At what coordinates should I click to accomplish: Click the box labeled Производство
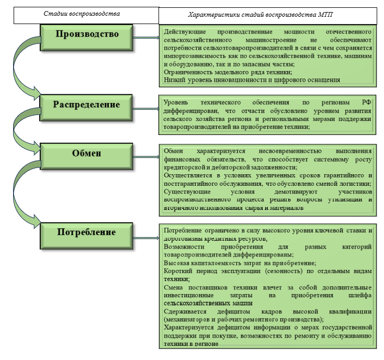87,35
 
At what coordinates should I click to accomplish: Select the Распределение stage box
87,105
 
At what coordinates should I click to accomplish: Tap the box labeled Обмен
87,154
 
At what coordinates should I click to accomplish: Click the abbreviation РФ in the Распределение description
365,103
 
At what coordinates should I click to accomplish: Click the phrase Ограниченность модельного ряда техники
228,72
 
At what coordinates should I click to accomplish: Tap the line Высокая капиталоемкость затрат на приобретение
240,263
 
